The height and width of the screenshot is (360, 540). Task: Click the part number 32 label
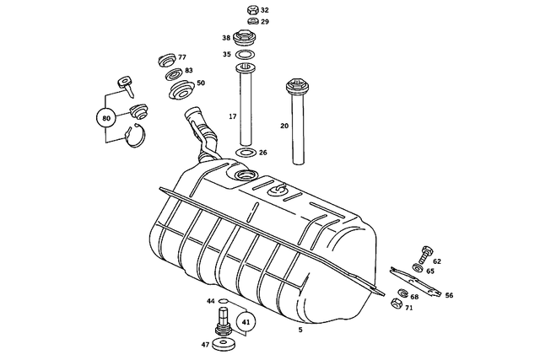coord(265,10)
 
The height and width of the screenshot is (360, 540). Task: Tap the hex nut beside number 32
coord(251,10)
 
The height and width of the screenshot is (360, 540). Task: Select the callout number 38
coord(226,38)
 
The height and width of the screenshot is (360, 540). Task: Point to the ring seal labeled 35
coord(246,55)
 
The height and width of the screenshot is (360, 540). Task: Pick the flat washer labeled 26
coord(246,153)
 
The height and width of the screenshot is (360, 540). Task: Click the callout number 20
coord(284,125)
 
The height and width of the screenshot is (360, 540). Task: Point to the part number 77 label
coord(181,56)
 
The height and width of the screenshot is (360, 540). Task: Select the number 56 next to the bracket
coord(449,296)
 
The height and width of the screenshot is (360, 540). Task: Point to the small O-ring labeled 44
coord(224,300)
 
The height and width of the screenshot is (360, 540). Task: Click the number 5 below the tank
coord(300,330)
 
